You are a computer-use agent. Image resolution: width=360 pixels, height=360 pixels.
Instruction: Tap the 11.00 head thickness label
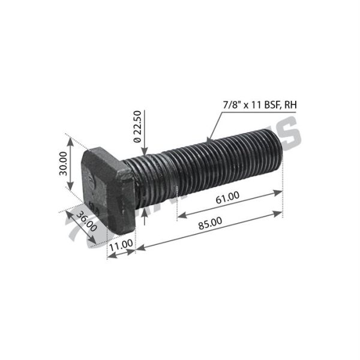[120, 244]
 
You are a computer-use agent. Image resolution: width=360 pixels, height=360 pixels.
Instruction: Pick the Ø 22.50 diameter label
[137, 128]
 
